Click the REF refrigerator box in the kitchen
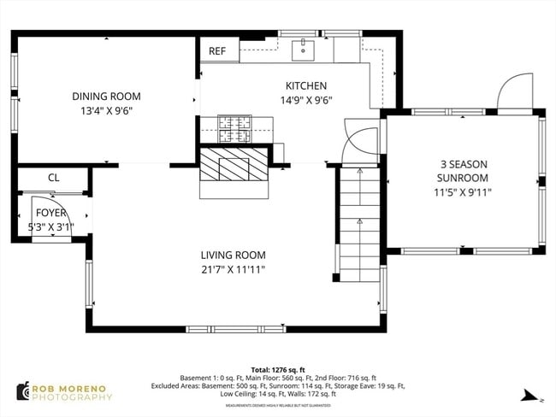[x=217, y=51]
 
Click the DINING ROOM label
[x=106, y=97]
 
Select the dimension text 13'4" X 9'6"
[x=106, y=110]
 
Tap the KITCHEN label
[x=305, y=85]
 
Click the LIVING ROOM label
[x=233, y=255]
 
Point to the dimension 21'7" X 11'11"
[x=233, y=269]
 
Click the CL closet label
[x=53, y=179]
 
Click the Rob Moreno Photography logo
[x=64, y=391]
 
